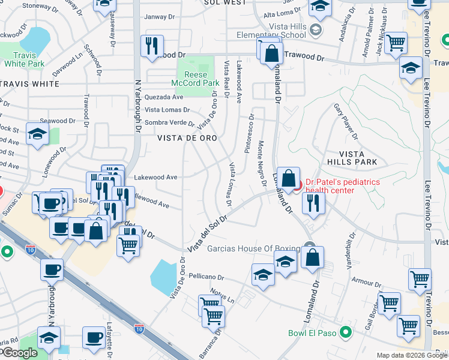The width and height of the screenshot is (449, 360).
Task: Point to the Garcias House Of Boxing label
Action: [253, 248]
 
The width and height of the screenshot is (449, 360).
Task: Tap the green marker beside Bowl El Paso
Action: [345, 332]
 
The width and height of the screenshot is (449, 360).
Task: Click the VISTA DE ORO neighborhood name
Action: [187, 137]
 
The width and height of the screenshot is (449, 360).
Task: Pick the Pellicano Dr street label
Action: [205, 278]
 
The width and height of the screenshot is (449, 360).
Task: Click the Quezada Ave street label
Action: [164, 97]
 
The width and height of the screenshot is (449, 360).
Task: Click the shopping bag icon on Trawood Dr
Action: [272, 53]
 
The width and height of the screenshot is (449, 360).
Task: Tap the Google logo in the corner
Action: [19, 353]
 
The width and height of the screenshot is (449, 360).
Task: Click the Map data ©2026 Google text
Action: [412, 355]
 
